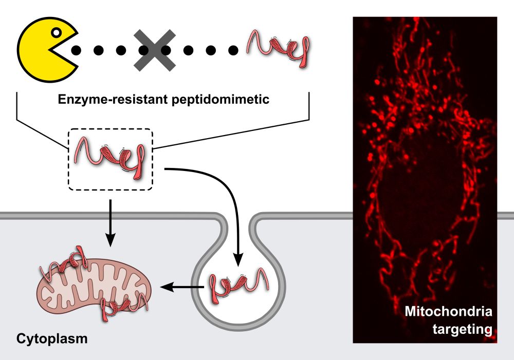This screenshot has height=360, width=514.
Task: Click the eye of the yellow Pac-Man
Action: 57,33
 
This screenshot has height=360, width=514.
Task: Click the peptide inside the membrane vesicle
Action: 238,286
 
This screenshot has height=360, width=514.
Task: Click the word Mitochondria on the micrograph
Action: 448,312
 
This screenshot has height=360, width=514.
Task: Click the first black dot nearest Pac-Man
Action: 76,50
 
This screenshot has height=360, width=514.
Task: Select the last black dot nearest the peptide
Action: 233,50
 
